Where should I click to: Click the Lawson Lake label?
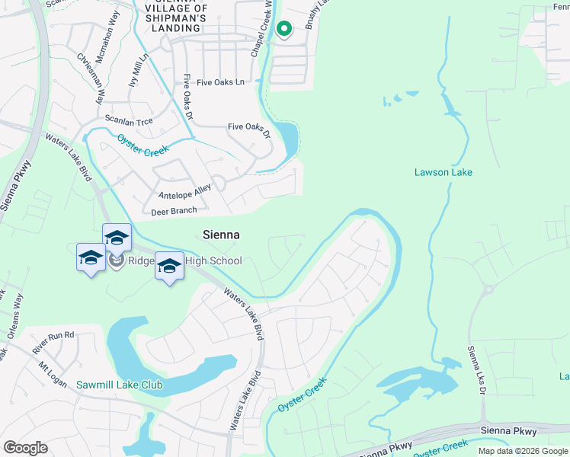443,172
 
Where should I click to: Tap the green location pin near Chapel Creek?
284,29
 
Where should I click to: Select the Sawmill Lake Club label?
120,385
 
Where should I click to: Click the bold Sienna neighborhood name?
221,235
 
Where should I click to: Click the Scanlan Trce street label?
129,121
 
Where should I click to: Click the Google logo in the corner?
25,448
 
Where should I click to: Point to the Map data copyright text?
522,451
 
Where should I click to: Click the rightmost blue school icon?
169,266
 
